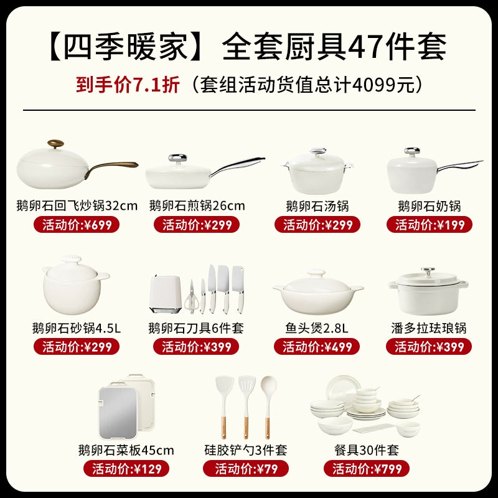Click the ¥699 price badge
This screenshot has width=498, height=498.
77,225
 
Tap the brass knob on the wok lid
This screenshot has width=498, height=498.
55,143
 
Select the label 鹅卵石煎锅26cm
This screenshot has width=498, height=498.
197,206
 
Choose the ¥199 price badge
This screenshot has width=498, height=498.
430,225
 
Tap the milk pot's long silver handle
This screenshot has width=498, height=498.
460,166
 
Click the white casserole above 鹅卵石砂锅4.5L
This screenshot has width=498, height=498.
75,285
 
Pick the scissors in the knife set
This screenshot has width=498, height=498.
192,297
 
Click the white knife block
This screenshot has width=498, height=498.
166,294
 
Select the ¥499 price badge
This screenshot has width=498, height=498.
317,347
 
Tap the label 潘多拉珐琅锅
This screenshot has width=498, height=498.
429,328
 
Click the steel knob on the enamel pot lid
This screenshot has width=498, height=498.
428,271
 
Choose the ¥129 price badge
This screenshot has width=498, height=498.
126,469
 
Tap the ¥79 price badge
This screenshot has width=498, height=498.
246,469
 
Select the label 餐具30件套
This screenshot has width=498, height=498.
367,450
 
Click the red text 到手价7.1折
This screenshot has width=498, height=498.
128,85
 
